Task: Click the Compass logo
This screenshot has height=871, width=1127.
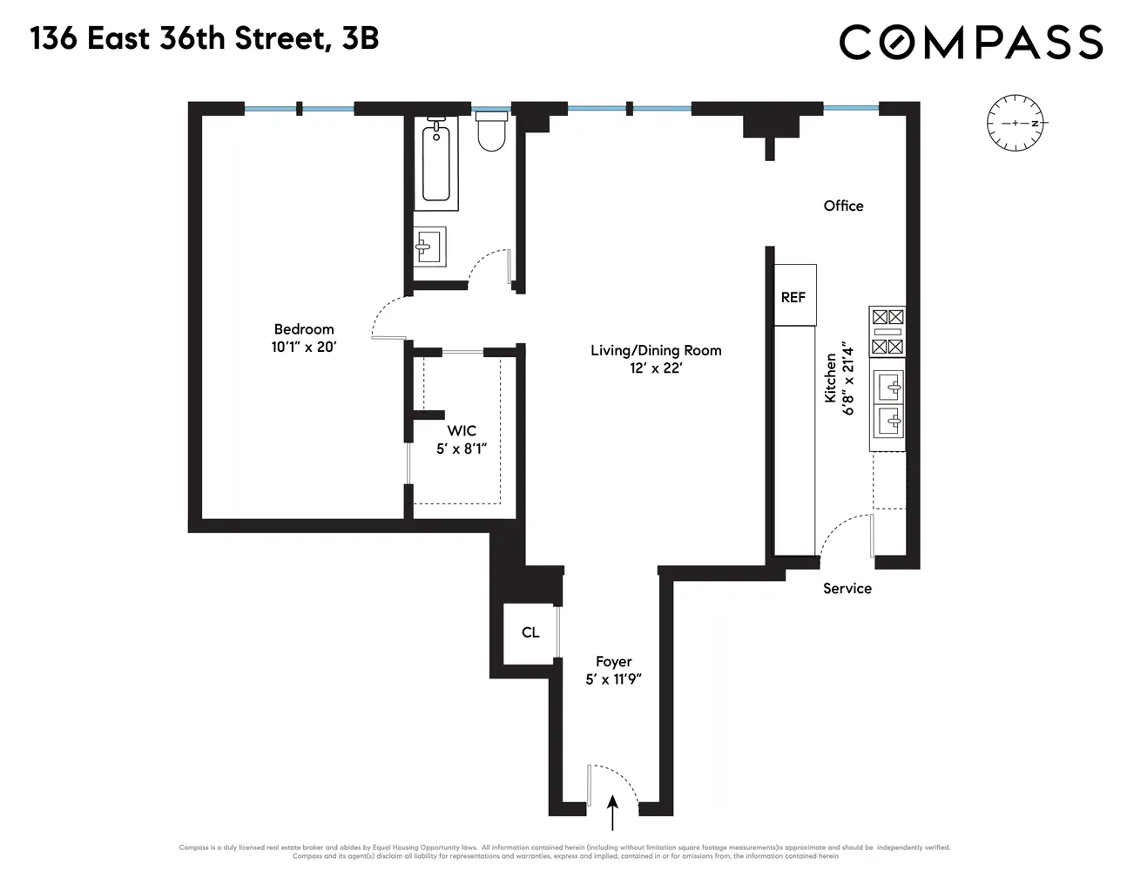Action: (971, 42)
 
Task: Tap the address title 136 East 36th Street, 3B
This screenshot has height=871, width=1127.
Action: (205, 39)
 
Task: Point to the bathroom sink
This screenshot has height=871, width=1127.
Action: (429, 246)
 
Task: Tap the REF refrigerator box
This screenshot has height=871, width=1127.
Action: (793, 296)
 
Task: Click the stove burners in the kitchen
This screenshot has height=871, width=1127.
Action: (887, 332)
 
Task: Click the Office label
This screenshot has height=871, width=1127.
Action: (843, 206)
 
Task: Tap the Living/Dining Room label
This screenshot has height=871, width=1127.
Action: (656, 350)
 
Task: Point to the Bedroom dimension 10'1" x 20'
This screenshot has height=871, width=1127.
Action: (304, 347)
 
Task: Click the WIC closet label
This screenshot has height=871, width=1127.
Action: (462, 431)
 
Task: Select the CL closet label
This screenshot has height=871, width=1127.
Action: (530, 632)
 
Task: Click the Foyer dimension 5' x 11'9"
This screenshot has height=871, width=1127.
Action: (614, 679)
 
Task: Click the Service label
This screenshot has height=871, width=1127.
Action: (847, 588)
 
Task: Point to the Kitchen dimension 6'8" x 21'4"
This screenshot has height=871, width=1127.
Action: (849, 381)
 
